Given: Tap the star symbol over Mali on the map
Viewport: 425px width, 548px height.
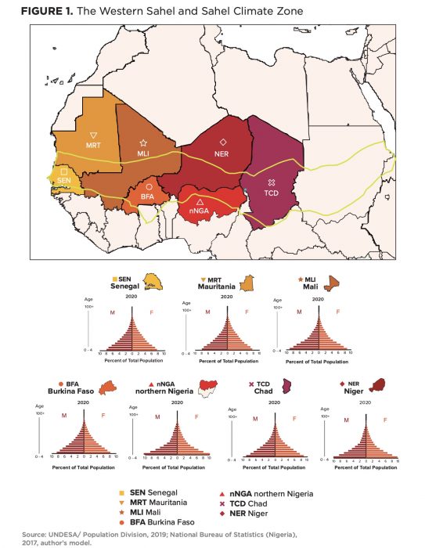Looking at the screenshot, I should [x=143, y=142].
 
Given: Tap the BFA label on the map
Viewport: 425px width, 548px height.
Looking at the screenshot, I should [x=147, y=197].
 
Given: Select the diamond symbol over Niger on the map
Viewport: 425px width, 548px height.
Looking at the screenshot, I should [x=223, y=142].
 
